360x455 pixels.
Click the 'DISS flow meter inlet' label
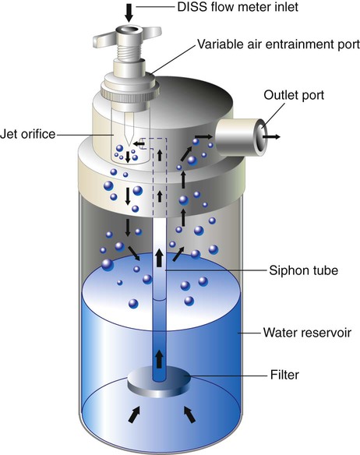(238, 7)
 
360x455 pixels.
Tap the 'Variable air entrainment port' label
(279, 44)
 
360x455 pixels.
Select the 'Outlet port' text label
(294, 95)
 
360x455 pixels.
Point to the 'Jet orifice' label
(27, 134)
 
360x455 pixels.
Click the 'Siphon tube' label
(303, 270)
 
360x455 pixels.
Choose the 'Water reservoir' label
(307, 333)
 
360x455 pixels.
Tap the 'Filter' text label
(284, 375)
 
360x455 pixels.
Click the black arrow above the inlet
(129, 13)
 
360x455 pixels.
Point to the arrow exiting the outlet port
(271, 136)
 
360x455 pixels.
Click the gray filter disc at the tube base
(159, 382)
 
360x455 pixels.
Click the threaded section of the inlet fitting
(129, 49)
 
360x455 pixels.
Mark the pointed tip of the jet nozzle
(129, 144)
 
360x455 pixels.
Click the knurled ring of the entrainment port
(130, 91)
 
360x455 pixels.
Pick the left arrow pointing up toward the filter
(134, 414)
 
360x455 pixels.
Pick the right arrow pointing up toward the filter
(189, 414)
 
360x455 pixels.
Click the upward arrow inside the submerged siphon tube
(159, 359)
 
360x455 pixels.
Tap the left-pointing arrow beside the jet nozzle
(139, 143)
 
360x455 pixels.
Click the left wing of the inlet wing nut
(105, 39)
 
